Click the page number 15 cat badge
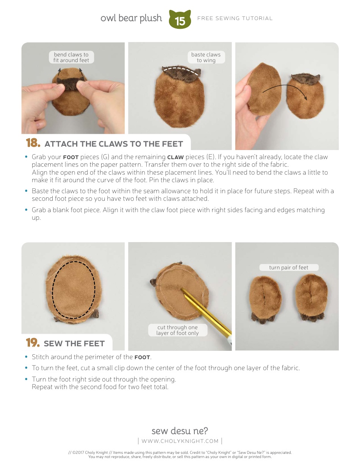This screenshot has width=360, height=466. click(180, 20)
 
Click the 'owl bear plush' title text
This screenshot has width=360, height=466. click(131, 18)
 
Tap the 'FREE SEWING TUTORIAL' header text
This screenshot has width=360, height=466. click(235, 18)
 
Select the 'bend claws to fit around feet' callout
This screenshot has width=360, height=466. click(71, 57)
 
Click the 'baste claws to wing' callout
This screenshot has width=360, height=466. click(206, 57)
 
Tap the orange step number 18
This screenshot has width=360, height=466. click(33, 143)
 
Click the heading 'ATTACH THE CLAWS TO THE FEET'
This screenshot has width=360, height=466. click(114, 144)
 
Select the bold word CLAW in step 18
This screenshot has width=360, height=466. click(175, 157)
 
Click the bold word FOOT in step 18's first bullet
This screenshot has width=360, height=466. click(71, 157)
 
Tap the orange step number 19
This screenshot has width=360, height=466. click(33, 343)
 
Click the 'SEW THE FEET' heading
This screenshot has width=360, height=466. click(74, 344)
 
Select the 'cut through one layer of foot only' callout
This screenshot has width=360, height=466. click(178, 330)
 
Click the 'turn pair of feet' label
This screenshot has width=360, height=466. click(289, 267)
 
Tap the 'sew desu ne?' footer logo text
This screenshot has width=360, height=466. click(180, 431)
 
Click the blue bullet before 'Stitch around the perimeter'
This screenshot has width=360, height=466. click(26, 357)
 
